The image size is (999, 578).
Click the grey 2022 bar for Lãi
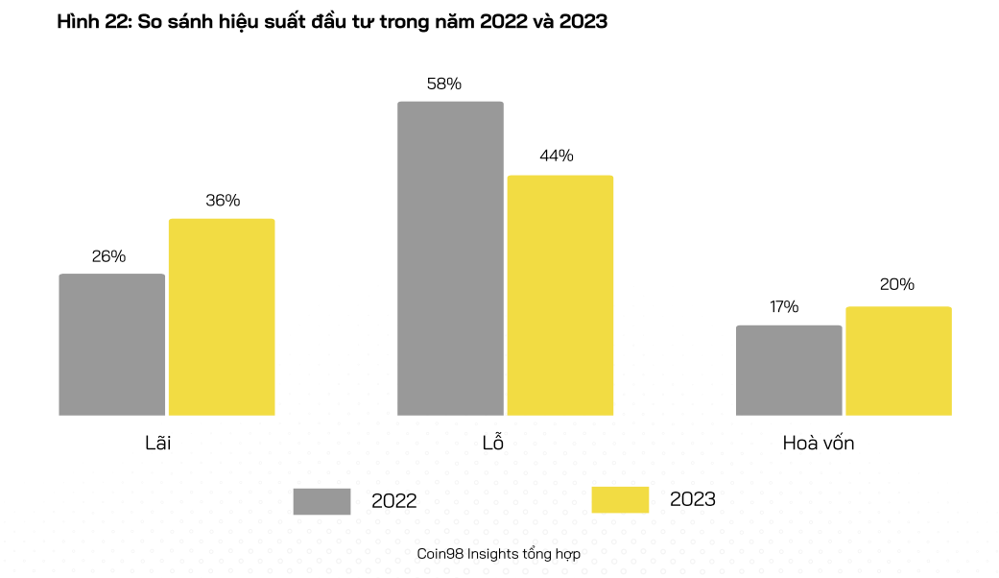(x=111, y=345)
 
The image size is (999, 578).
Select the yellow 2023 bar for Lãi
(x=222, y=317)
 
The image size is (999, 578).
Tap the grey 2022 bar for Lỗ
(x=450, y=258)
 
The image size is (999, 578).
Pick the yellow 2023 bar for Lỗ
(x=560, y=295)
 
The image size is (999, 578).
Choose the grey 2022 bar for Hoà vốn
(x=789, y=371)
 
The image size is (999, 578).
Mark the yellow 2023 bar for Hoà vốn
(x=898, y=361)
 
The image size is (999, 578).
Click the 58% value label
(x=444, y=84)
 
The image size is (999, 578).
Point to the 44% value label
(x=557, y=156)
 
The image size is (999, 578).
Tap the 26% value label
(x=108, y=256)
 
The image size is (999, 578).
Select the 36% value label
(x=223, y=201)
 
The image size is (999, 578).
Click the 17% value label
(x=783, y=307)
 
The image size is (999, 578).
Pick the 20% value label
(x=896, y=284)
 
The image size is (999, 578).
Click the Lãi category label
(x=157, y=444)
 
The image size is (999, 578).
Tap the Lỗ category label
(x=492, y=443)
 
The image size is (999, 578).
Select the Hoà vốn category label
(x=818, y=444)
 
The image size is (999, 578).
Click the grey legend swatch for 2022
(x=321, y=500)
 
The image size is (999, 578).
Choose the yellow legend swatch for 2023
(x=620, y=499)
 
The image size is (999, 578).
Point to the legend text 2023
(x=692, y=499)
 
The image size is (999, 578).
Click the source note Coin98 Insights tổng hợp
(x=499, y=554)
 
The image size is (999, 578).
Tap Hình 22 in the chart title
(x=91, y=22)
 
